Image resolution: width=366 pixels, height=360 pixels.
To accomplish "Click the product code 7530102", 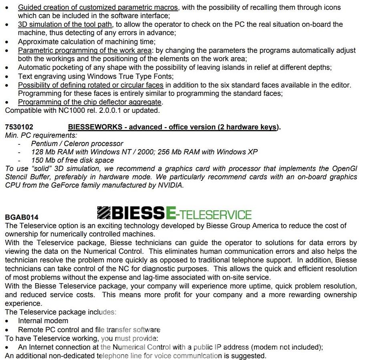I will [x=19, y=127].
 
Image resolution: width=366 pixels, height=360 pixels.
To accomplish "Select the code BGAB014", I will [x=22, y=217].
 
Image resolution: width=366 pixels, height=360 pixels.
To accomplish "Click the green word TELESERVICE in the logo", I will [x=214, y=214].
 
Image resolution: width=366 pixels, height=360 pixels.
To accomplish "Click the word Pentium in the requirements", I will [x=45, y=144].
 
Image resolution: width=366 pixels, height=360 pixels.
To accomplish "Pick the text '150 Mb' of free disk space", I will [x=44, y=160].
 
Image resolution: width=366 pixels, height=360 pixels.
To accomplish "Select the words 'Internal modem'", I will [x=43, y=321].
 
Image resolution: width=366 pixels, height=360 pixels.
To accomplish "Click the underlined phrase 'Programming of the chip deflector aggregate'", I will [x=90, y=102].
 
